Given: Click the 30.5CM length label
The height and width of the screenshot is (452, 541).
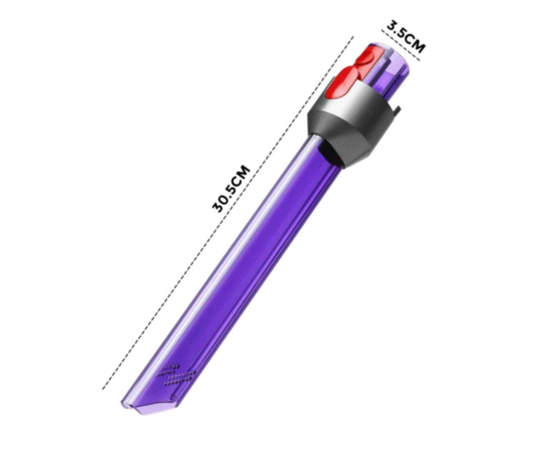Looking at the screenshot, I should (231, 189).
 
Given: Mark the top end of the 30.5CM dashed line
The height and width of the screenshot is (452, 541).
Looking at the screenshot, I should (353, 37).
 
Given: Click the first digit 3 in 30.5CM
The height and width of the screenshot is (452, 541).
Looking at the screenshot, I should (217, 207).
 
